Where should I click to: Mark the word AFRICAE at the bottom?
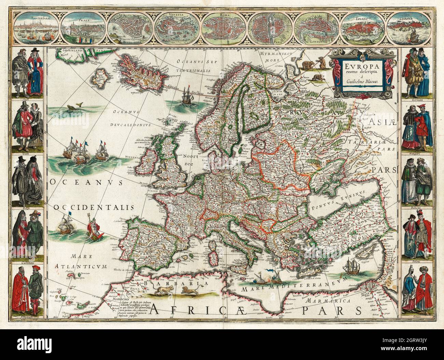[x=198, y=309]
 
